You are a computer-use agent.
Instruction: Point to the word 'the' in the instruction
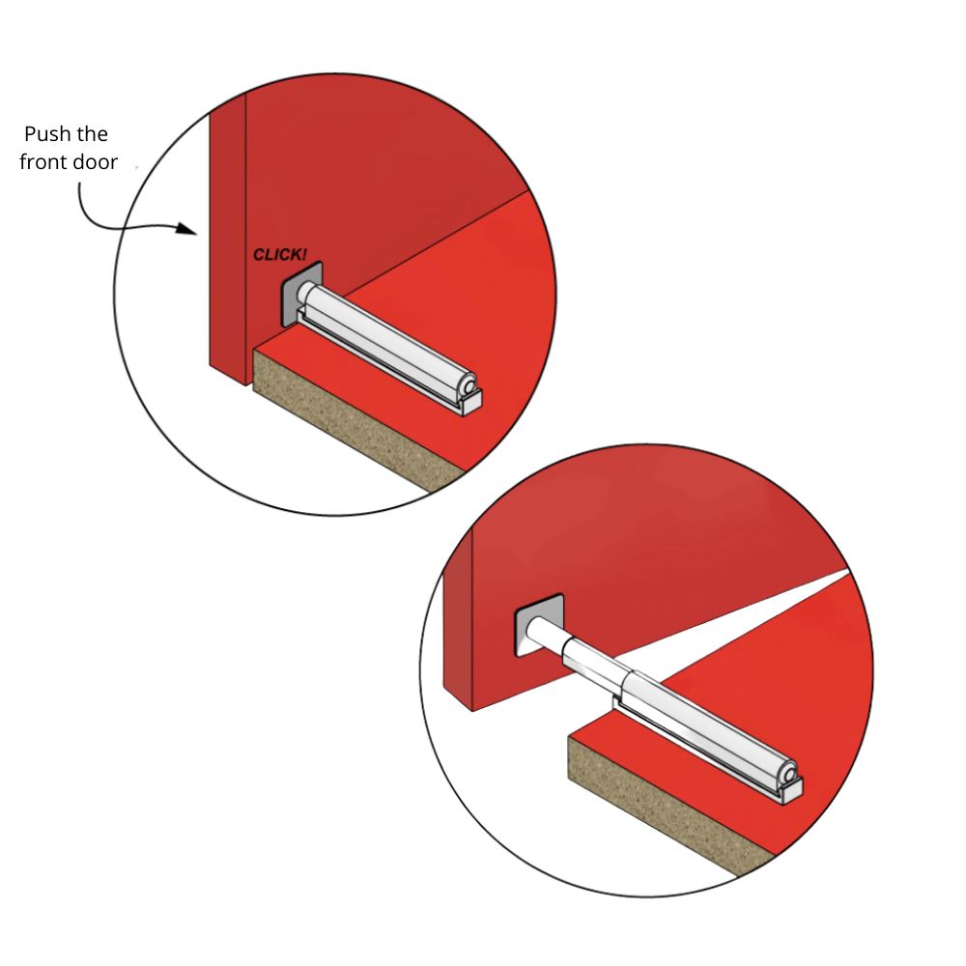pyautogui.click(x=95, y=133)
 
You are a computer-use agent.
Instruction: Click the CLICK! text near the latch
pyautogui.click(x=280, y=255)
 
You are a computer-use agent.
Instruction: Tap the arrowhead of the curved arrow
pyautogui.click(x=188, y=231)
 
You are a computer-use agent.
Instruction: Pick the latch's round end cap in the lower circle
pyautogui.click(x=790, y=775)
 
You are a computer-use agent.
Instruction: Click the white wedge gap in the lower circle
pyautogui.click(x=773, y=609)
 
